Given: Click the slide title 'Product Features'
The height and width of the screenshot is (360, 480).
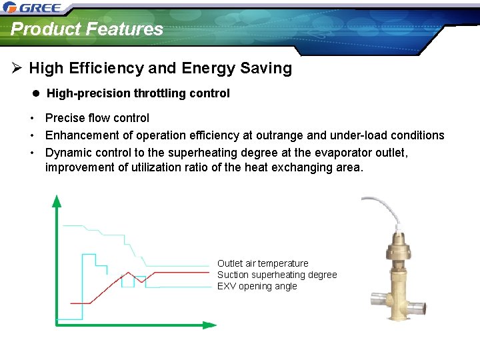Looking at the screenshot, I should click(x=87, y=29).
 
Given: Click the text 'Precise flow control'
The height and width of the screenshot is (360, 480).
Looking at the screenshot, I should click(x=97, y=118).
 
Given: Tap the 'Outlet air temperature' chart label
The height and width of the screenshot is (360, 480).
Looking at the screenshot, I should click(x=263, y=263).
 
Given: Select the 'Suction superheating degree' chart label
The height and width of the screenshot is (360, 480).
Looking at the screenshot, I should click(x=277, y=275).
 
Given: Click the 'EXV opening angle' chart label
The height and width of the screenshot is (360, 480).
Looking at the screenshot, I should click(x=257, y=286).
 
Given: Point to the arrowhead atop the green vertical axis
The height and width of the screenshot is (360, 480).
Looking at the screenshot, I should click(x=57, y=200).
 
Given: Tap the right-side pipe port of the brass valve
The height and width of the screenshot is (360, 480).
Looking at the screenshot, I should click(x=417, y=309).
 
